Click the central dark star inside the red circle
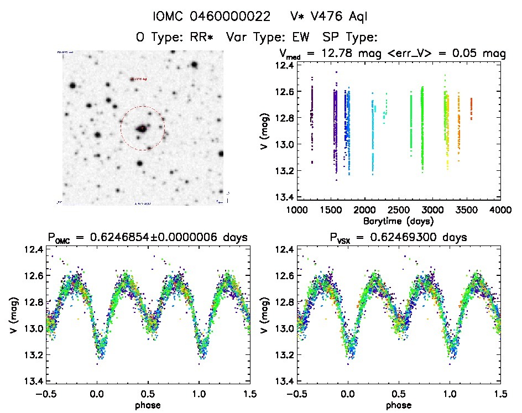click(142, 128)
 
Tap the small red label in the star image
click(139, 79)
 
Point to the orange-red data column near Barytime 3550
click(471, 108)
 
